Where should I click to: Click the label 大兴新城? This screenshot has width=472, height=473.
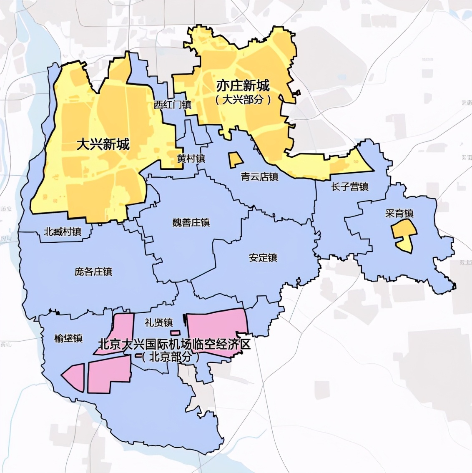click(x=103, y=145)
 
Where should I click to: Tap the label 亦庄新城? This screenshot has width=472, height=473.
click(x=243, y=86)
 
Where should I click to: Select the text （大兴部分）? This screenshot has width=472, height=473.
click(x=243, y=99)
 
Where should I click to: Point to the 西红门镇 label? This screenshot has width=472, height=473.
click(x=172, y=105)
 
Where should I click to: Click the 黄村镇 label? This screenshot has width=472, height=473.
click(x=191, y=159)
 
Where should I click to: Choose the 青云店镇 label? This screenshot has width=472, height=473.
click(x=259, y=177)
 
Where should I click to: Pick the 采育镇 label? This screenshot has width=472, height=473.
click(x=399, y=214)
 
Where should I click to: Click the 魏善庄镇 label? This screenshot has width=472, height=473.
click(x=191, y=222)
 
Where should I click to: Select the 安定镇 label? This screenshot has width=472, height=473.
click(x=263, y=258)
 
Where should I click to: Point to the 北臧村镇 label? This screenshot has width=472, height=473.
click(x=63, y=231)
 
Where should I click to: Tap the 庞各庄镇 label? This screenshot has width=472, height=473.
click(x=93, y=272)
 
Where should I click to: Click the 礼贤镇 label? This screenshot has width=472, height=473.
click(x=158, y=322)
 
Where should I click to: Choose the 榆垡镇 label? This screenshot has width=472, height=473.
click(x=68, y=338)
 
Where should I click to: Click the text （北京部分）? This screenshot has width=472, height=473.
click(x=170, y=357)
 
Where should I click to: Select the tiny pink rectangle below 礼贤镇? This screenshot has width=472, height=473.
click(x=175, y=332)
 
